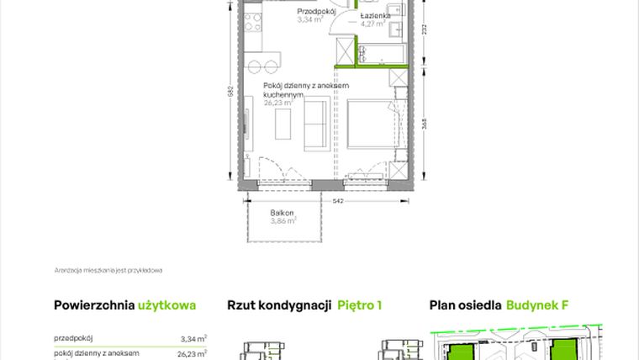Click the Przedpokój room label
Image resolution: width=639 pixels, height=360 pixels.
point(317,12)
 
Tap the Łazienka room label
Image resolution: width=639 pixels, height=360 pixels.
point(374,16)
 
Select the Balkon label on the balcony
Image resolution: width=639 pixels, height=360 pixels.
point(282,214)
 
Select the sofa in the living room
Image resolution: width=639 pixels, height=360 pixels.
point(316,125)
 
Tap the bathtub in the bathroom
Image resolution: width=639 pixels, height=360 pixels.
point(383,55)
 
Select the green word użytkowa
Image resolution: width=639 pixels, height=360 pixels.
point(166,304)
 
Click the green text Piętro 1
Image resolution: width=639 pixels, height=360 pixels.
point(360,304)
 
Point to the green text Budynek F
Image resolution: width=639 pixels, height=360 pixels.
point(537,304)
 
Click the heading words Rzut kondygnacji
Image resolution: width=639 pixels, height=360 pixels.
point(278,304)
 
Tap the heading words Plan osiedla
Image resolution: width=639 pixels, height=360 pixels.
point(465,304)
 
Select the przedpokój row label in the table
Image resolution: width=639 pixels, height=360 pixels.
point(73,338)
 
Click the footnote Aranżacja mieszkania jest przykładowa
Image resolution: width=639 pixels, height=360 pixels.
point(107,270)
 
